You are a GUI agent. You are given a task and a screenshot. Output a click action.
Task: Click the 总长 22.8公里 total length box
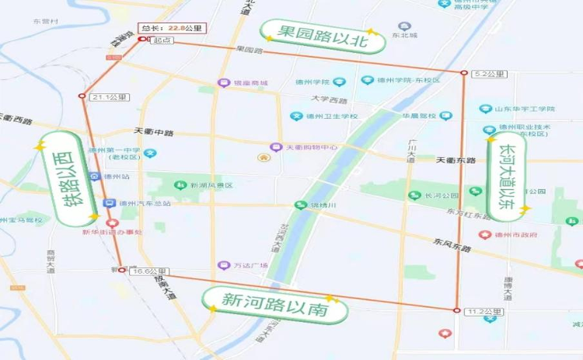170,29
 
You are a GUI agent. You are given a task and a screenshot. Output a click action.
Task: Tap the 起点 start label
162,40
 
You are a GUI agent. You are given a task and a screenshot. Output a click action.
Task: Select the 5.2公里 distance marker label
489,74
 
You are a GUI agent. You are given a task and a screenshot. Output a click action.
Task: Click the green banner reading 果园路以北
319,35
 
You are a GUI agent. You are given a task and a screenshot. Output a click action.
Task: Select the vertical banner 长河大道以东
508,176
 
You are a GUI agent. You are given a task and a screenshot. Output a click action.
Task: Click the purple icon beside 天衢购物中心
275,147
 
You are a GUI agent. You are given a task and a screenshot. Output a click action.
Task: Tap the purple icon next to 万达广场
224,265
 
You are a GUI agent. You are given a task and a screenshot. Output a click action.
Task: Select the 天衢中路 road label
153,131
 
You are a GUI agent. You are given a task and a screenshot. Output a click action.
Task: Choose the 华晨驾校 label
415,116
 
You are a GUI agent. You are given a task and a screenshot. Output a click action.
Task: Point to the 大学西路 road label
330,100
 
